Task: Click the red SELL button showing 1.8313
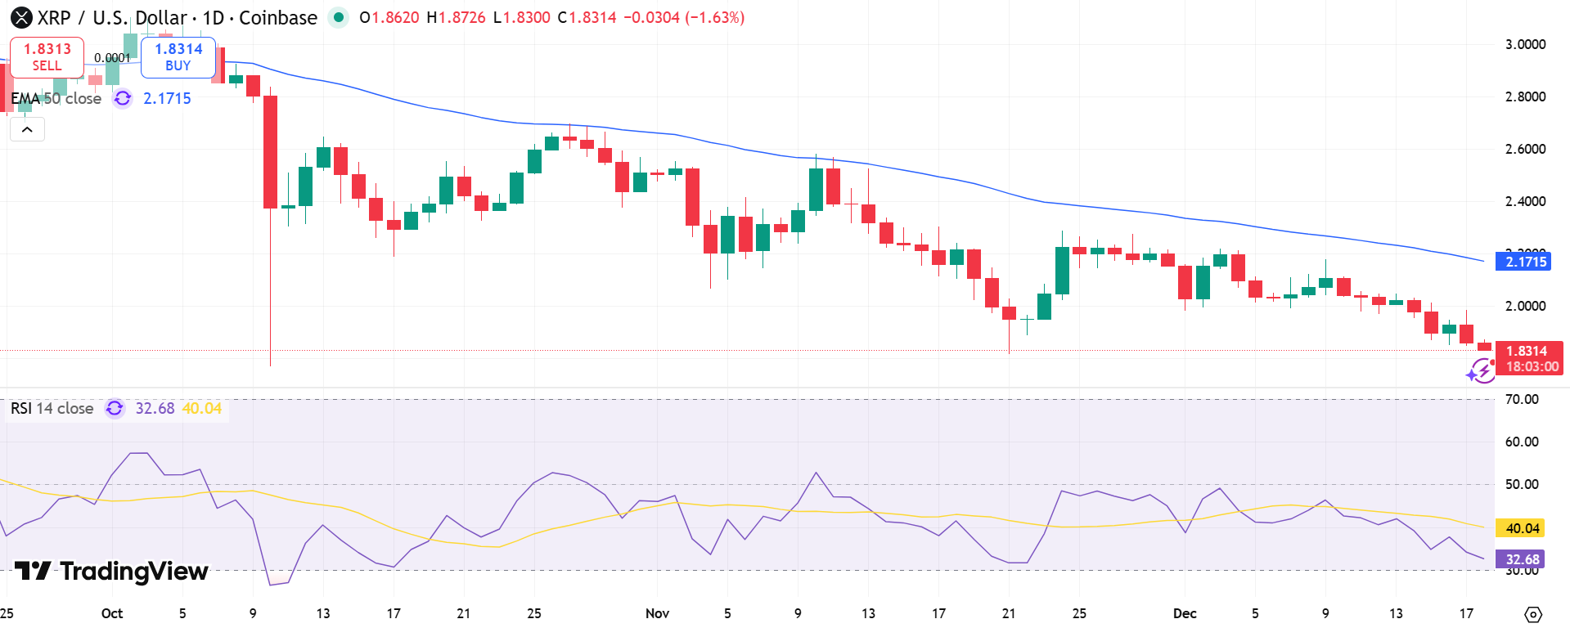(47, 56)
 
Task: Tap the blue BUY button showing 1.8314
(178, 56)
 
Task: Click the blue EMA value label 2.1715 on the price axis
(1526, 262)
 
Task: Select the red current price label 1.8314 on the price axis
(1526, 351)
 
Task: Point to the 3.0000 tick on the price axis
(1525, 44)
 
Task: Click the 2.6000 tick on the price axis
(1525, 149)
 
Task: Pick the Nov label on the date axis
(657, 613)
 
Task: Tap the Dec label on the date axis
(1184, 613)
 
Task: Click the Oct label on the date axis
(112, 613)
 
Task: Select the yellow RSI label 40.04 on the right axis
(1522, 528)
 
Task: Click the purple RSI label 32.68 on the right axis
(1522, 559)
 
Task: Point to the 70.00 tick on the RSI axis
(1522, 399)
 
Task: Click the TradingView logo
(111, 571)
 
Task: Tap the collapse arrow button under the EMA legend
(27, 129)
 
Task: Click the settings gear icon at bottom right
(1533, 614)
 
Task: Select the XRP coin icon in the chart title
(21, 17)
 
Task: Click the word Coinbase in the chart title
(278, 17)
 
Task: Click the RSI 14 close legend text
(52, 408)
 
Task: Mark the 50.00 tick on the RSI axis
(1522, 484)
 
